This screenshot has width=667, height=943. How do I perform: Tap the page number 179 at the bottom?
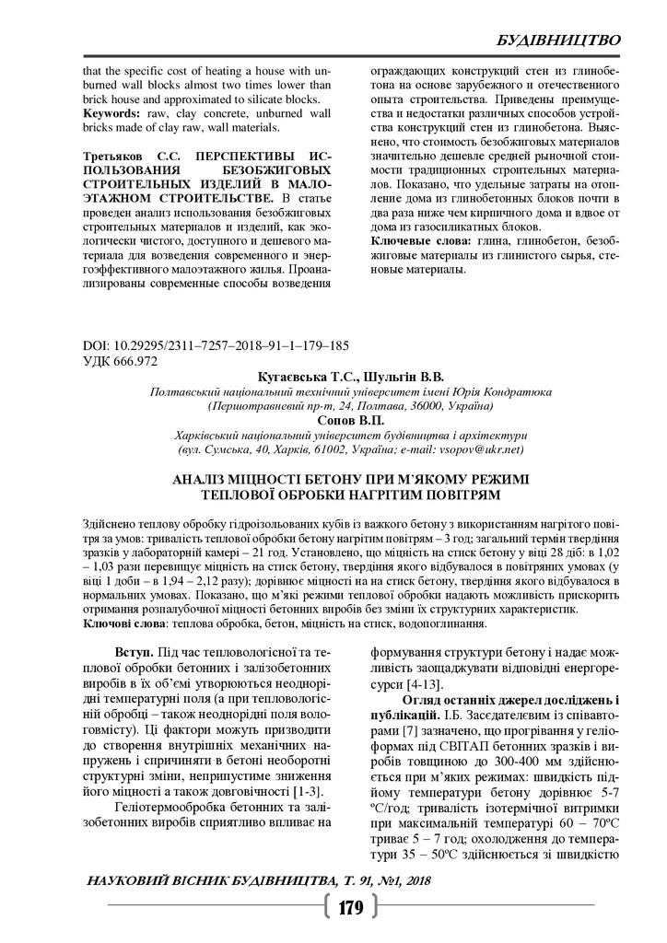tap(351, 908)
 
